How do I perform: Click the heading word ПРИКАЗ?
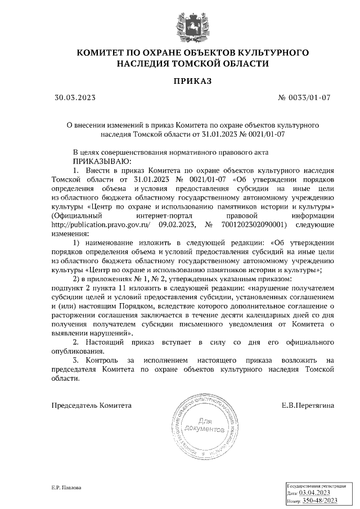192,82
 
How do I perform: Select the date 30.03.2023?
75,98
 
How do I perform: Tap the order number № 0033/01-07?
304,98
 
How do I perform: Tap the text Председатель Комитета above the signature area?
92,405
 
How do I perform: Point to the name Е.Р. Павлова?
66,488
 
